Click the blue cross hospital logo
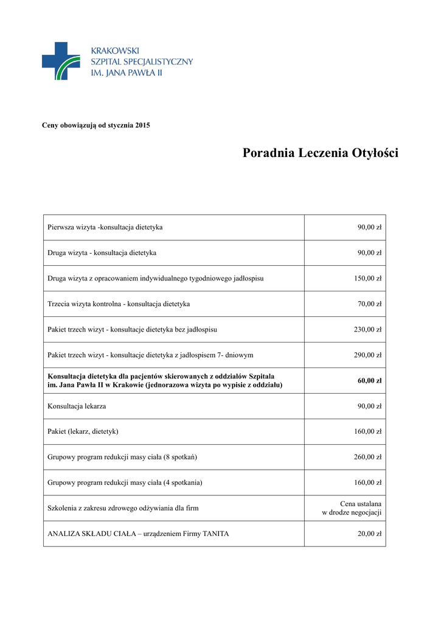[x=60, y=61]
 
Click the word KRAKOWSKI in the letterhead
[x=115, y=51]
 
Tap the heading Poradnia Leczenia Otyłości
[x=321, y=153]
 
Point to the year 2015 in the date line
[x=142, y=125]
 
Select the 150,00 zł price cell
[x=367, y=279]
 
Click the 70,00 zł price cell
[x=369, y=304]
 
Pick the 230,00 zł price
[x=367, y=330]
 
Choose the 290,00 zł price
[x=367, y=355]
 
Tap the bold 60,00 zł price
[x=369, y=381]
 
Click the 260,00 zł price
[x=367, y=458]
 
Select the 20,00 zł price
[x=369, y=534]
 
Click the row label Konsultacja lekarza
[x=77, y=406]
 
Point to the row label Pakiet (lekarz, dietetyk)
[x=83, y=432]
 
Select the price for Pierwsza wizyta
[x=369, y=228]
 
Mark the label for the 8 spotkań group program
[x=122, y=458]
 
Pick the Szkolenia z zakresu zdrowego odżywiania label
[x=123, y=509]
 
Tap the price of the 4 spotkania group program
[x=367, y=483]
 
